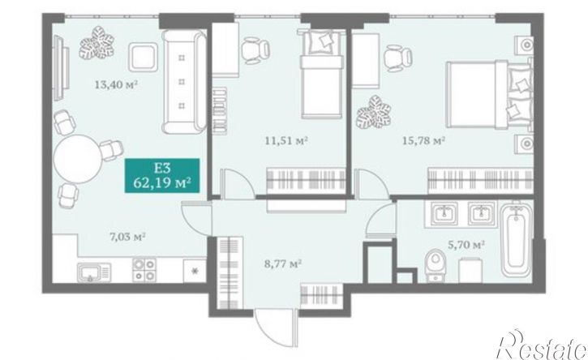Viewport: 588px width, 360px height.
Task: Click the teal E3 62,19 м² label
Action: [162, 175]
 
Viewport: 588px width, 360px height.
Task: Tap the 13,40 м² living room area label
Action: [116, 84]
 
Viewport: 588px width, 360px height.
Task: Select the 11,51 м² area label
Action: [286, 141]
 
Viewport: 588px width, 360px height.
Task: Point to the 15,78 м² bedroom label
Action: [423, 141]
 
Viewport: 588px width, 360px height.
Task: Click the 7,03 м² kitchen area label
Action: [127, 237]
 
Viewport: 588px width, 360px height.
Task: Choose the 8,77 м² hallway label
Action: [284, 264]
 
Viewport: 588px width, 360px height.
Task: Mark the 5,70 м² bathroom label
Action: [467, 245]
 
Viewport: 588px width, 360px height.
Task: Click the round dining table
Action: [78, 159]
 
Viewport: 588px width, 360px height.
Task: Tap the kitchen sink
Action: [94, 272]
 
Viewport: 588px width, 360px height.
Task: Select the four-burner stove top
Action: [144, 270]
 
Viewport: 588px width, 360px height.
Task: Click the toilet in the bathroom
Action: [436, 264]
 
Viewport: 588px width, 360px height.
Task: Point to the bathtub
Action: [517, 239]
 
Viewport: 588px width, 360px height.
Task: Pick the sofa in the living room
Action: [184, 82]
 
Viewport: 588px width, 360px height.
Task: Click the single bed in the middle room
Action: [322, 74]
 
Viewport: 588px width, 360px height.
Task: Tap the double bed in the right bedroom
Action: [489, 95]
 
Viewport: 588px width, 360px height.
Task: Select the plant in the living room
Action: [97, 43]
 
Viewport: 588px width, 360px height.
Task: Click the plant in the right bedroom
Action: [374, 113]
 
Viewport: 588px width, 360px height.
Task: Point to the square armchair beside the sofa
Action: [143, 57]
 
